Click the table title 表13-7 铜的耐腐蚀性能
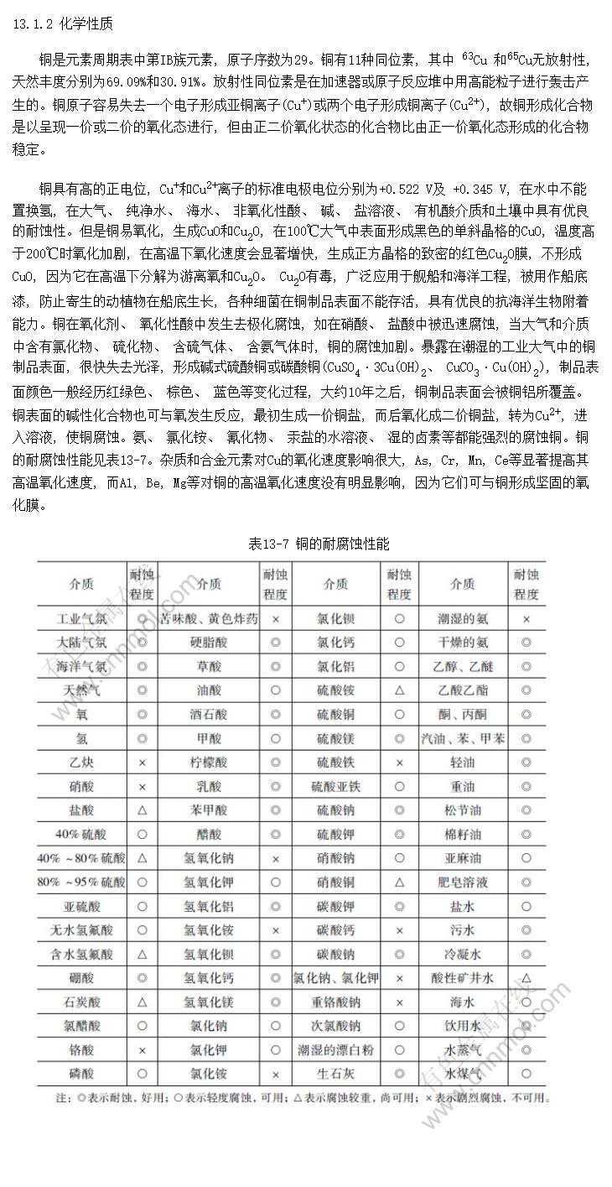[x=319, y=544]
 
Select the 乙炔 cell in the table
[x=81, y=763]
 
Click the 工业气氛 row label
[x=81, y=619]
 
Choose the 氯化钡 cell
[x=335, y=619]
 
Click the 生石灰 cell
[x=335, y=1073]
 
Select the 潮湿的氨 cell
[x=463, y=619]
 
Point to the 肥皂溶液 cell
[x=463, y=882]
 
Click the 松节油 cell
[x=463, y=810]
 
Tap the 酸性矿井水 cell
[x=463, y=977]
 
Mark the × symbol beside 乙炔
[x=142, y=763]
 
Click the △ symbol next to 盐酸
[x=142, y=810]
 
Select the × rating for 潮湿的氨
[x=526, y=619]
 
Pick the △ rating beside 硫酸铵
[x=400, y=690]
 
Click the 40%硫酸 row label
[x=81, y=834]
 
